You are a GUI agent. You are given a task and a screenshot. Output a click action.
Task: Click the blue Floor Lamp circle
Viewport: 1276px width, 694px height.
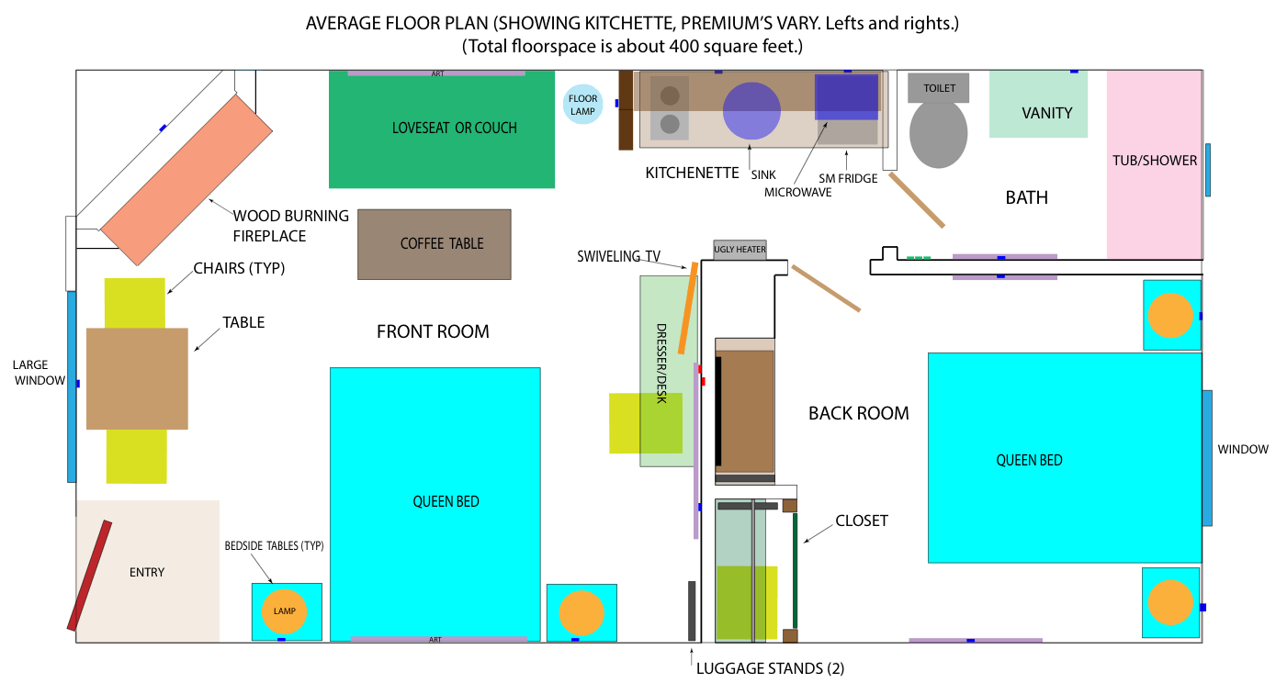(x=582, y=104)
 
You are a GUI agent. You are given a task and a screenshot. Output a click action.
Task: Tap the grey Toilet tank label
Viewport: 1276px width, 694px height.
(x=938, y=88)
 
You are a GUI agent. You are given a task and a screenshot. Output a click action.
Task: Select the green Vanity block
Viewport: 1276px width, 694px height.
(x=1038, y=104)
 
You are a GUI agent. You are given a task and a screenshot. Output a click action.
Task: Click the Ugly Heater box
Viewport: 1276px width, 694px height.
(x=740, y=250)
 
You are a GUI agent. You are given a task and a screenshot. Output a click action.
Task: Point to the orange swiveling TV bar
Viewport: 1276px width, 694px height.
(x=687, y=308)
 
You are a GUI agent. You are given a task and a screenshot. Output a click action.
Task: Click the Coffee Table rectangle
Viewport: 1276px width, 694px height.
(x=435, y=244)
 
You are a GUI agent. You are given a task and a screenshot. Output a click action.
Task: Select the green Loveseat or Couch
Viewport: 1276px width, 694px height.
(x=442, y=129)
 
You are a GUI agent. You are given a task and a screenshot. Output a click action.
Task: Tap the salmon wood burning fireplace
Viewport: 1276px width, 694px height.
(x=186, y=180)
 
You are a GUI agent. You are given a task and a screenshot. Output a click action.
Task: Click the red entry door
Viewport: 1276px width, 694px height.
(x=89, y=576)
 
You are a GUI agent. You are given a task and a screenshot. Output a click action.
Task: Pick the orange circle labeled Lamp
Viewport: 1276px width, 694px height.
(x=284, y=610)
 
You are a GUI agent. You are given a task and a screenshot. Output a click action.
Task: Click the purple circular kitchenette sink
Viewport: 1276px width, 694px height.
(x=751, y=111)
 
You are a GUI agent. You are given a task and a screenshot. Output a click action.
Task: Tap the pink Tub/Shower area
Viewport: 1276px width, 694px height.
(x=1154, y=164)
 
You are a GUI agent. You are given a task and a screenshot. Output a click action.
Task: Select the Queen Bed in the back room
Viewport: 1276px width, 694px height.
(x=1065, y=458)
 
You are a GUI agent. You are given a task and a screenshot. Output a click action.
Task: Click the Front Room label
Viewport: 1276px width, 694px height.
(x=433, y=331)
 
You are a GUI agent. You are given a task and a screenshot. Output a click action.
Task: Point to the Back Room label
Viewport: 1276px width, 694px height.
(x=858, y=413)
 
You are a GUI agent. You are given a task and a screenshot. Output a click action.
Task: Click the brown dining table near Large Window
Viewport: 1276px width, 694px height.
(x=137, y=378)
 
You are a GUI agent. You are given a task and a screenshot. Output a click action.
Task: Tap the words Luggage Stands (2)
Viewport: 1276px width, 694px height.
(x=770, y=668)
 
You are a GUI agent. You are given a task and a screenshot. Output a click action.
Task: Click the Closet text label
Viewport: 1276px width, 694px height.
(x=862, y=520)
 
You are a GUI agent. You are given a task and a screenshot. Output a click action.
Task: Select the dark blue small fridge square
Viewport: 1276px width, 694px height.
(x=846, y=96)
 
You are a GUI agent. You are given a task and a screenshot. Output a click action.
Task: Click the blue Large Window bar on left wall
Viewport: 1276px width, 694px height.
(x=72, y=387)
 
